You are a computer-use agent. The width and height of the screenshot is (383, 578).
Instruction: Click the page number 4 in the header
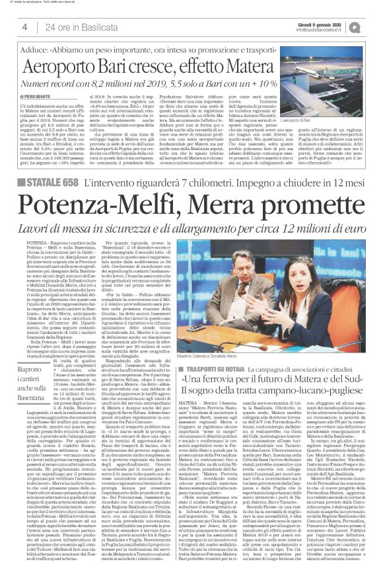coord(24,27)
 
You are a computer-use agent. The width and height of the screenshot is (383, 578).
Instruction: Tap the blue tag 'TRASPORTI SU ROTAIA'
coord(214,351)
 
